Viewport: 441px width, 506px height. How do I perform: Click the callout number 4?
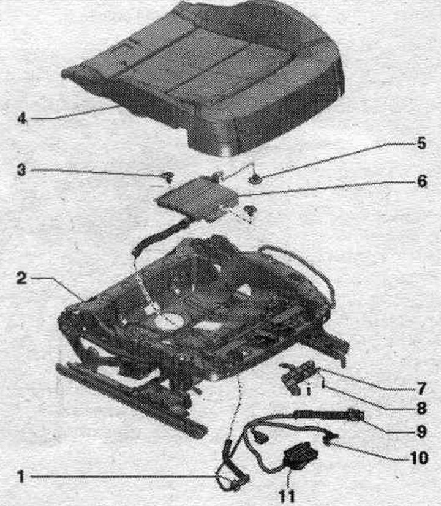(x=21, y=119)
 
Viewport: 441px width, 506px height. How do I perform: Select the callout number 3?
(x=21, y=170)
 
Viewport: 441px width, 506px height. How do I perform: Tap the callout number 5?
(x=421, y=143)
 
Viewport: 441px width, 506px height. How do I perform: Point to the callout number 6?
(x=422, y=181)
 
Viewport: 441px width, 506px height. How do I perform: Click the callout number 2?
(x=21, y=278)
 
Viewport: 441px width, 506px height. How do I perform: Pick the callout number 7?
(x=421, y=389)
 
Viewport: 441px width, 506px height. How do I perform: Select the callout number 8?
(x=421, y=409)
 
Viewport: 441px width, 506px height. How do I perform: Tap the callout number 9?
(x=421, y=432)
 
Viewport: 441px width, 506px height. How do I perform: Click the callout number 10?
(x=418, y=457)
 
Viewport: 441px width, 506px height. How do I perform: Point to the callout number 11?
(x=287, y=496)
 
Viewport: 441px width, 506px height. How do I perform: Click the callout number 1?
(x=21, y=477)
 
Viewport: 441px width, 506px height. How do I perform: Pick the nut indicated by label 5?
(x=255, y=179)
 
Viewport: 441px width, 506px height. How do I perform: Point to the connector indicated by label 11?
(x=301, y=456)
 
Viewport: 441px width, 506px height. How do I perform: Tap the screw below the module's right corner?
(x=249, y=210)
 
